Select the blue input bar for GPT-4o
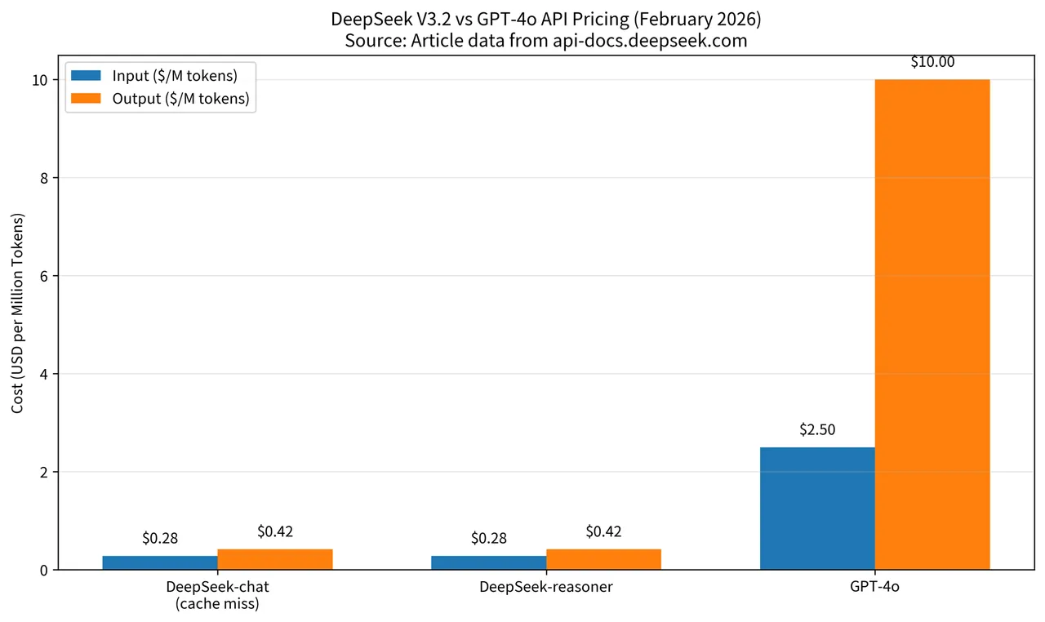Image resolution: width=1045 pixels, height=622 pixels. tap(817, 508)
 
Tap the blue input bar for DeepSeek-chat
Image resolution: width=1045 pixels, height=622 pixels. tap(160, 562)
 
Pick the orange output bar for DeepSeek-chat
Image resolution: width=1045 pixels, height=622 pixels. tap(275, 559)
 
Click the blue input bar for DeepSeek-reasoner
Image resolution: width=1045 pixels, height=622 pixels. tap(489, 562)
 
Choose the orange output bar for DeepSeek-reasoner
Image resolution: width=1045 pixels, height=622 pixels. tap(603, 559)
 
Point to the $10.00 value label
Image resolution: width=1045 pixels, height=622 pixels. tap(932, 62)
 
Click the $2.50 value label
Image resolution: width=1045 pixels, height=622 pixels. tap(817, 429)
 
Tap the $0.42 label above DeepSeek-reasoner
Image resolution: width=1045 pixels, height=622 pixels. tap(603, 531)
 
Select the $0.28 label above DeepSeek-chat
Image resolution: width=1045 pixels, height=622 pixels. tap(160, 538)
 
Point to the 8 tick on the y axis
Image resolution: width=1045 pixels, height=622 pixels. tap(45, 178)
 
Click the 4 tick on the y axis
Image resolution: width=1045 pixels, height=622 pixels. tap(45, 374)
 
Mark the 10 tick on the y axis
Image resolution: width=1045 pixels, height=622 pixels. tap(42, 80)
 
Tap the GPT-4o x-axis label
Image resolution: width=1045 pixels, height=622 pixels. tap(874, 587)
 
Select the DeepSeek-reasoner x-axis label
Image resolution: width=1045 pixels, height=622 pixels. tap(546, 587)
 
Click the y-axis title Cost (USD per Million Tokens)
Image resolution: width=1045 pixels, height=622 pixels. tap(18, 313)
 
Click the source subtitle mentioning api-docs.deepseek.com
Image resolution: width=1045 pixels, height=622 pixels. tap(546, 40)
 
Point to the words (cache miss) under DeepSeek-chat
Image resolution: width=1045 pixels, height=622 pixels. tap(217, 604)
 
